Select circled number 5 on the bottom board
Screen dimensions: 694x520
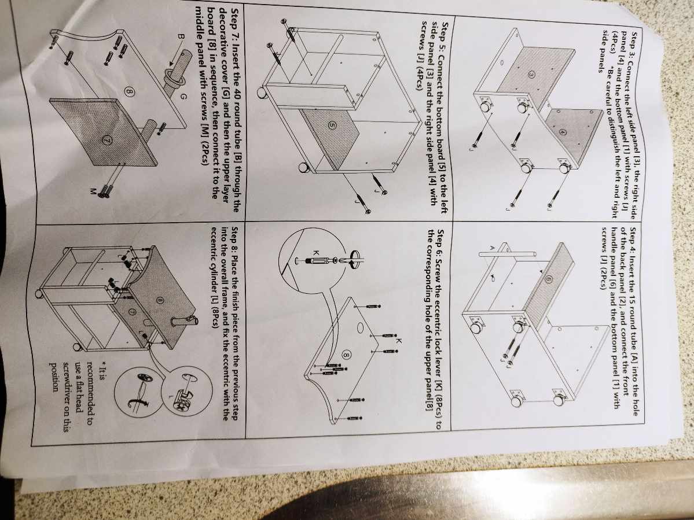pyautogui.click(x=332, y=125)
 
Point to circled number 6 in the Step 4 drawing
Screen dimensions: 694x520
pyautogui.click(x=548, y=279)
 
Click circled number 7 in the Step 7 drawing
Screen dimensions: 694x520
pyautogui.click(x=107, y=140)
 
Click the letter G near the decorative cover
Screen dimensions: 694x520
pyautogui.click(x=183, y=97)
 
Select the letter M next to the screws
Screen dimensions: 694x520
pyautogui.click(x=93, y=191)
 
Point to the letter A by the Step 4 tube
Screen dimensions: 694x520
pyautogui.click(x=491, y=247)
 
